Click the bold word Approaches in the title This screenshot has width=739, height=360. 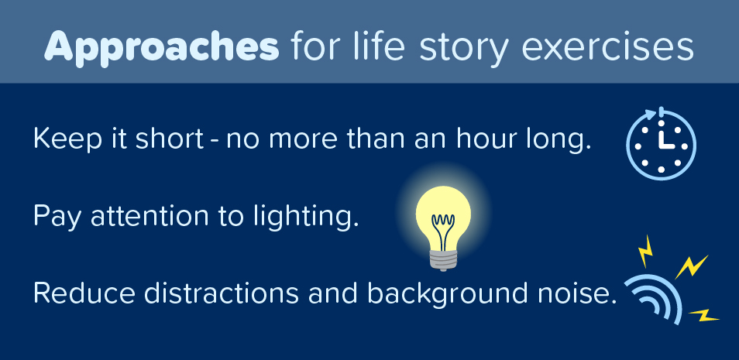click(161, 48)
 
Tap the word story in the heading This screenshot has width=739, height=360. click(449, 48)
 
